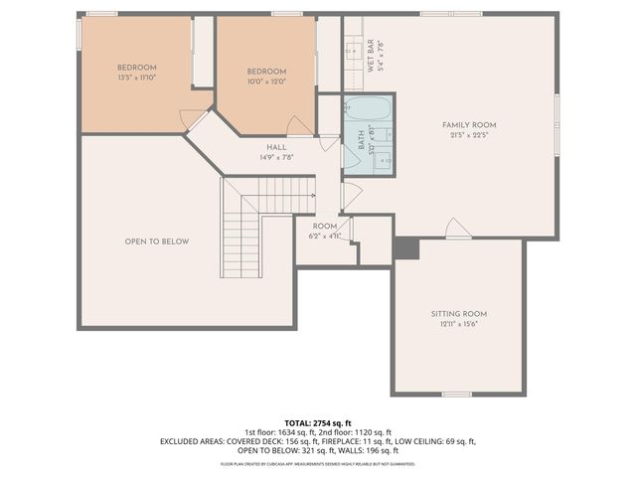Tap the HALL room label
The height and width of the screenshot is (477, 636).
point(262,146)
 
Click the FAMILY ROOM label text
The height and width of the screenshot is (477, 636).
point(469,124)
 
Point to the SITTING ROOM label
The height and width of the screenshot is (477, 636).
point(458,313)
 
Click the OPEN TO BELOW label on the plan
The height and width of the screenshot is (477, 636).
point(157,241)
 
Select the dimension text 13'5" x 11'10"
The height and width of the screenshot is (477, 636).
point(137,77)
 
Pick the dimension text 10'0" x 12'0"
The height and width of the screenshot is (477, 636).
point(266,81)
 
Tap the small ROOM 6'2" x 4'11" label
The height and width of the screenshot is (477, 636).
point(324,231)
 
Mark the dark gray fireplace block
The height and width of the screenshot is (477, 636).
point(405,248)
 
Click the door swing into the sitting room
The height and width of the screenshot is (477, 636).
point(457,230)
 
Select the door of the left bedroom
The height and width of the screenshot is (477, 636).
point(189,119)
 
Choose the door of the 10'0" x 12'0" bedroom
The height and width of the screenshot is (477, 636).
point(298,125)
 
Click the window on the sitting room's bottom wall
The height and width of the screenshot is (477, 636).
point(456,395)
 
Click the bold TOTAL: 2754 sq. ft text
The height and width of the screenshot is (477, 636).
point(317,422)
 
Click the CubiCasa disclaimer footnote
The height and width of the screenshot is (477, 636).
point(317,463)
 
